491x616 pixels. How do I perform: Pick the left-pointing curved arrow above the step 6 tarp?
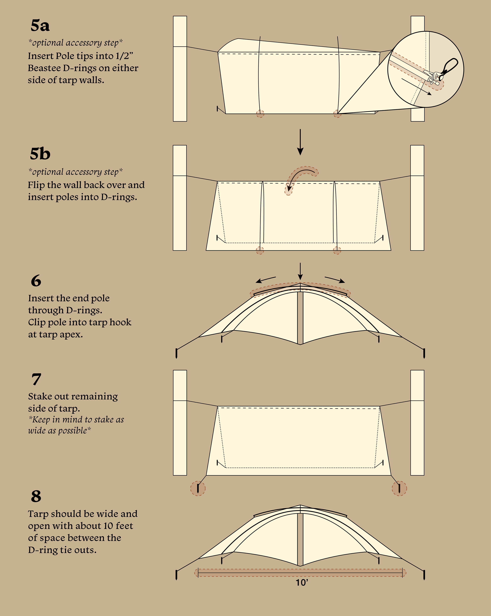pyautogui.click(x=266, y=279)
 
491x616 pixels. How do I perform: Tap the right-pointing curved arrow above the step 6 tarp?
pyautogui.click(x=335, y=279)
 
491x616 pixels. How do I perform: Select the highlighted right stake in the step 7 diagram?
pyautogui.click(x=399, y=488)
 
